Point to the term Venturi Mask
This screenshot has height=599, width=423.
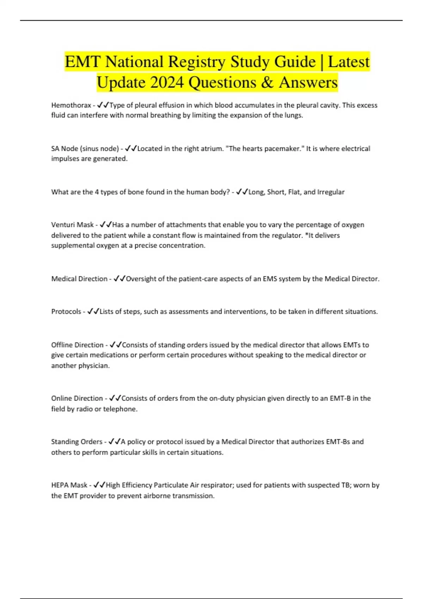coord(72,225)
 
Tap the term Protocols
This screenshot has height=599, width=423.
coord(66,311)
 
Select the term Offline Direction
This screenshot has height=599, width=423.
coord(77,345)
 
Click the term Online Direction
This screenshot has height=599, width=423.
coord(77,398)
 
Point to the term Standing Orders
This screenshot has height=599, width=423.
coord(76,441)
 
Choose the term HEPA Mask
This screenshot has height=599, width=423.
coord(69,485)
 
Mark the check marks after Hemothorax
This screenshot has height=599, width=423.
coord(103,105)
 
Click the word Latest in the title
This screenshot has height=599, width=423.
coord(349,62)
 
